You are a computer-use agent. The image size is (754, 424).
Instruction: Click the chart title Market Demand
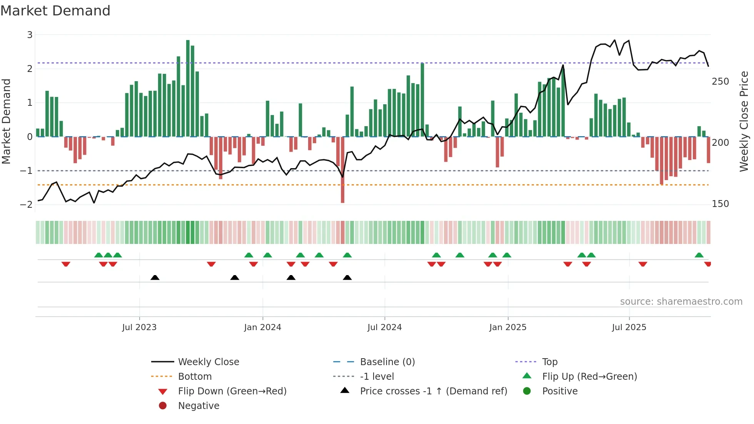coord(55,11)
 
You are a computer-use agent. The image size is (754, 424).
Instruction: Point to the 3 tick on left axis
coord(30,35)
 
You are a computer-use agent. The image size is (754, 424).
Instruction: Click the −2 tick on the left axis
coord(27,204)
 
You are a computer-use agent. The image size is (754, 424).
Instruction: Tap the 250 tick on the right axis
coord(720,82)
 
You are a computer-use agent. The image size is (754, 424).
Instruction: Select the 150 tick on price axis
coord(720,204)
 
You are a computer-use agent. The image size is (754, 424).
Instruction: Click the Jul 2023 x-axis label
coord(139,327)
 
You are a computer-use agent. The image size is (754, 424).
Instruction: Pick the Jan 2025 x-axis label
coord(508,327)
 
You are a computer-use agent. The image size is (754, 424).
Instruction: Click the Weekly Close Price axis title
coord(744,121)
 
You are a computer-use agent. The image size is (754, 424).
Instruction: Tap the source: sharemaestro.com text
coord(681,302)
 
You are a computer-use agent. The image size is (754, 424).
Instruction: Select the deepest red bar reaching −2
coord(342,169)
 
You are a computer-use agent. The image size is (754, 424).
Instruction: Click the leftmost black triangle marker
coord(155,277)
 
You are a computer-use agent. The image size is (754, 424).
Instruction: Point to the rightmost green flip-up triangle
coord(699,255)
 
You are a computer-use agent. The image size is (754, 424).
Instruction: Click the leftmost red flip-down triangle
coord(66,264)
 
